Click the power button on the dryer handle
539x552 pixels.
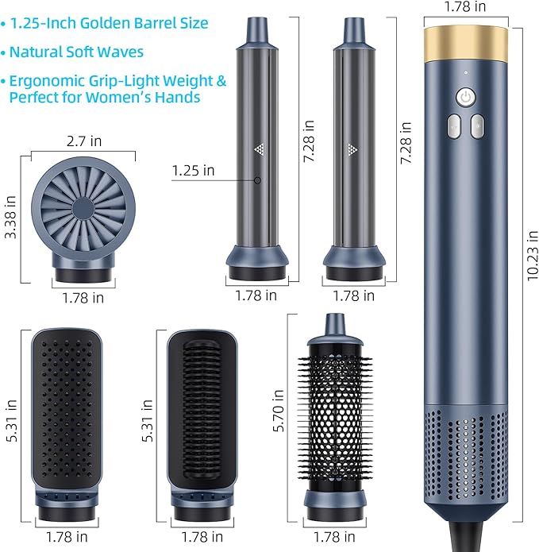(466, 97)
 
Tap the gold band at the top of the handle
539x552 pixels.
(466, 44)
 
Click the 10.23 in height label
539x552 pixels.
(533, 255)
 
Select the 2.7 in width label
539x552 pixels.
(84, 141)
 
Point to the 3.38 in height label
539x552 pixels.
(10, 217)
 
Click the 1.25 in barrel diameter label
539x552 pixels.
(193, 171)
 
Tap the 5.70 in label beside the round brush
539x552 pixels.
(279, 411)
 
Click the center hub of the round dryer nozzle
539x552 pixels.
(83, 209)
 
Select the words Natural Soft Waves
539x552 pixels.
(76, 52)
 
